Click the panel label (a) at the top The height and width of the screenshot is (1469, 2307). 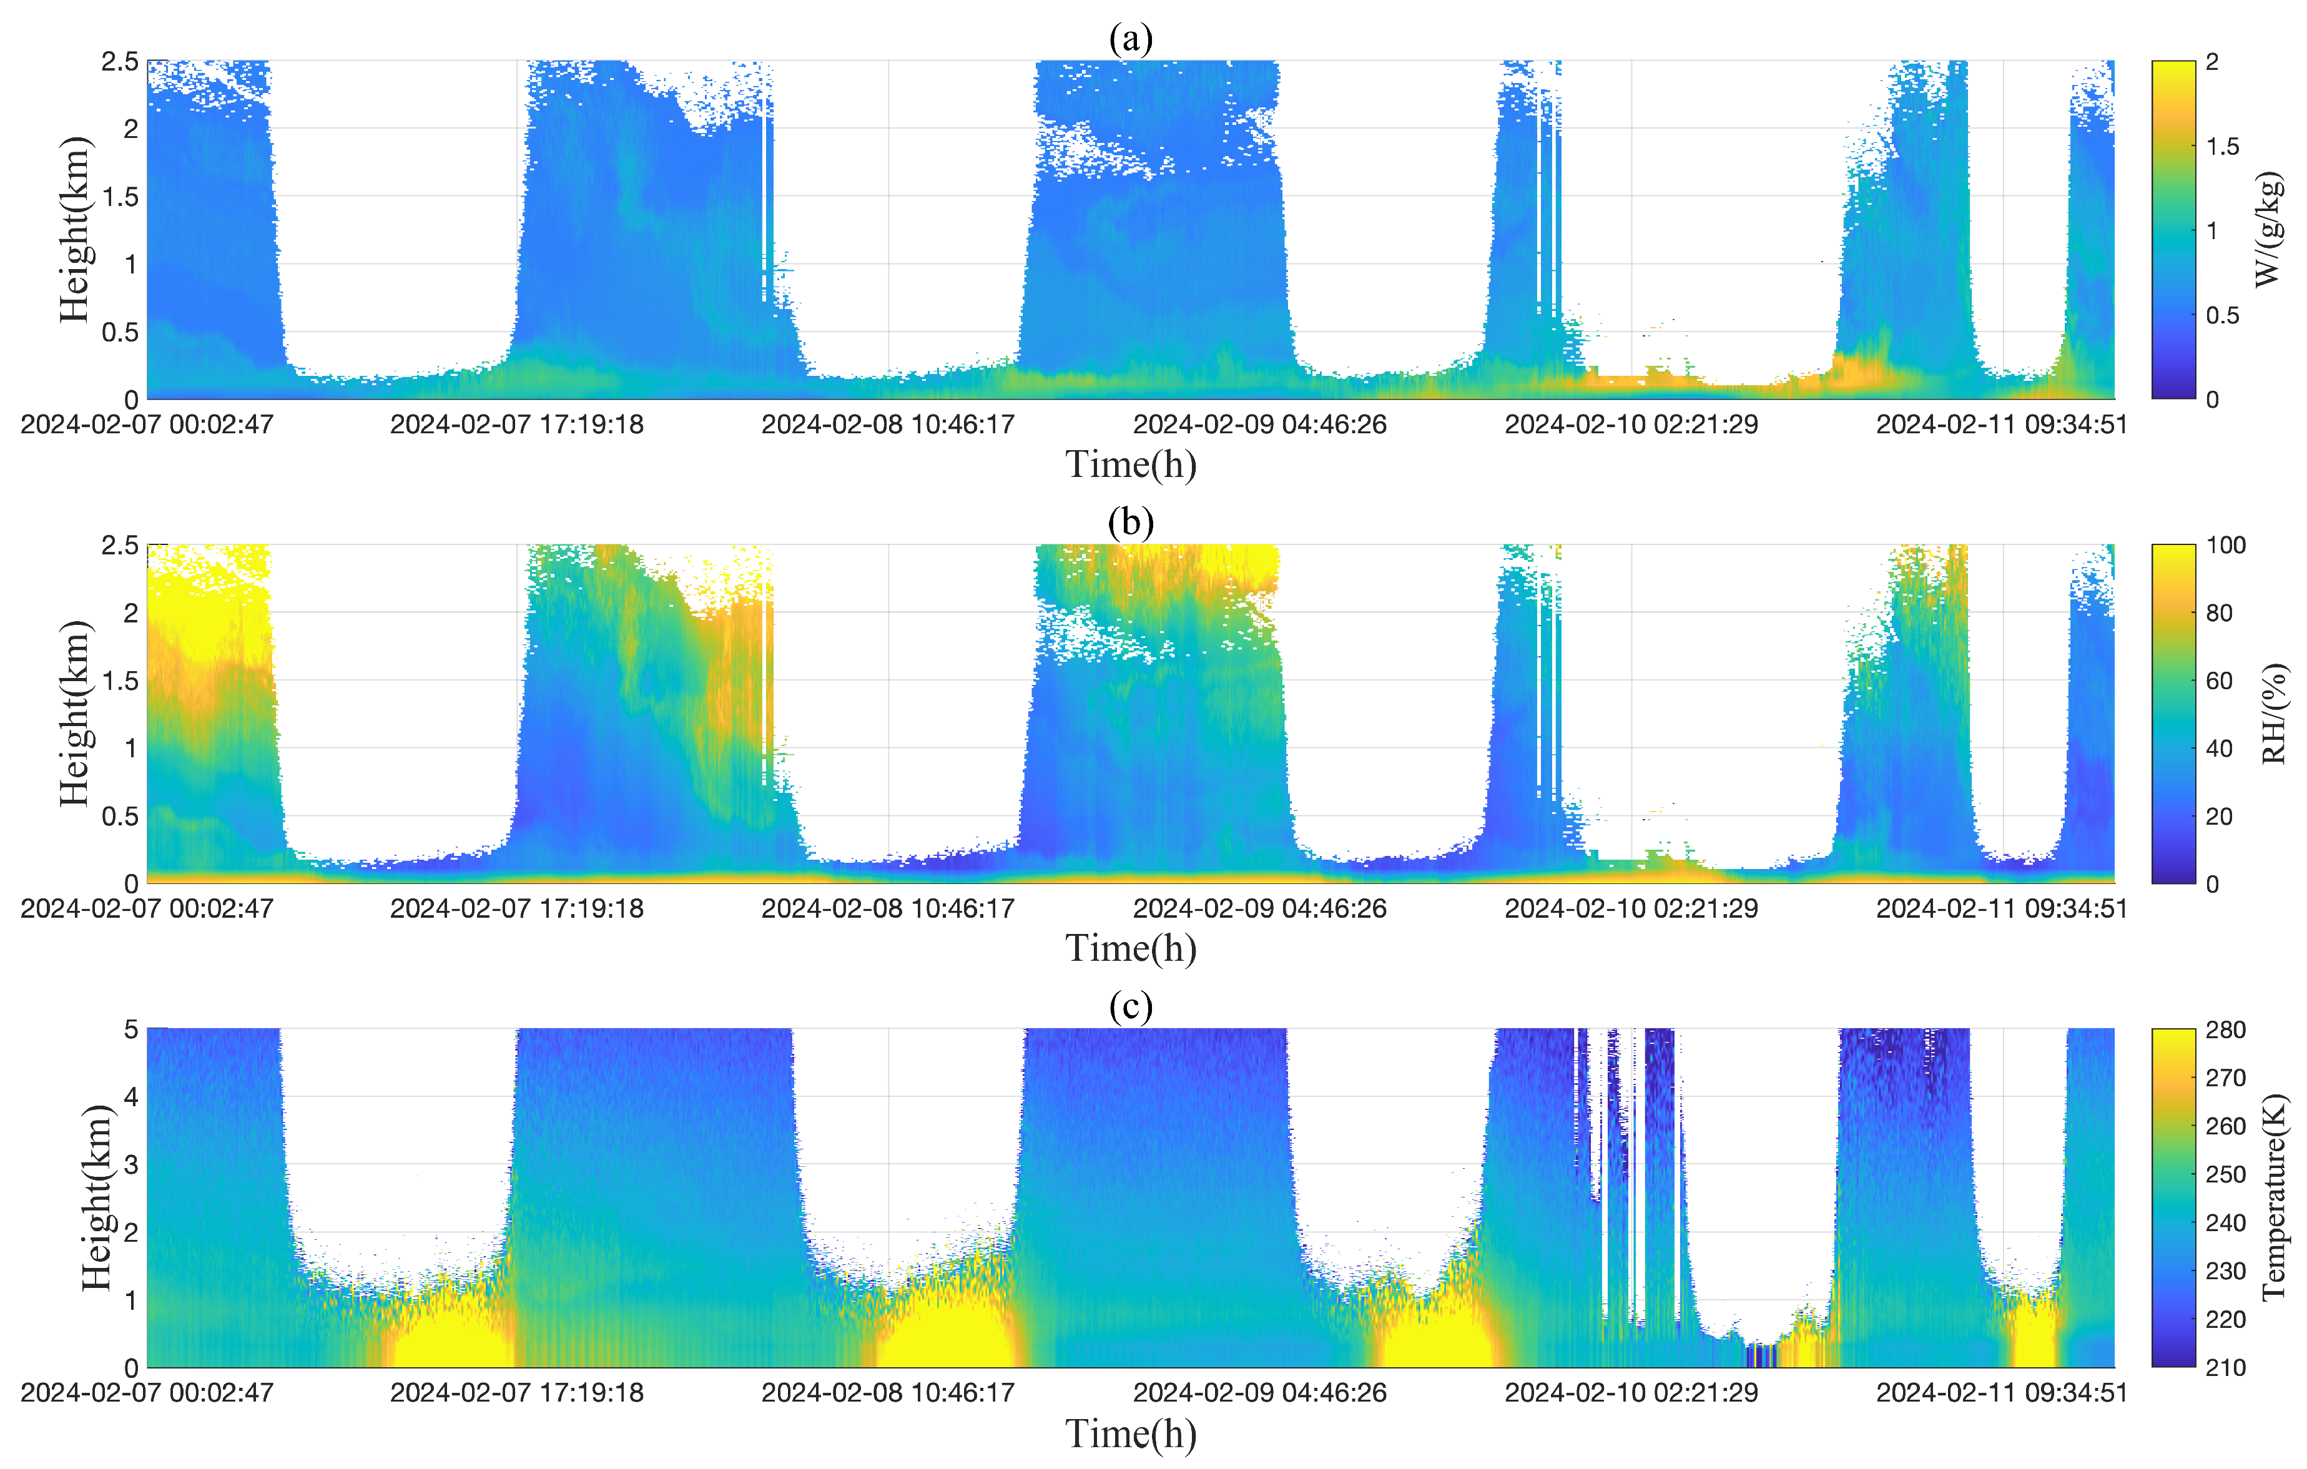(x=1131, y=38)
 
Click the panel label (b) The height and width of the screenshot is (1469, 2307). (x=1131, y=523)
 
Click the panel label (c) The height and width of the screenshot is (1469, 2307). (x=1131, y=1006)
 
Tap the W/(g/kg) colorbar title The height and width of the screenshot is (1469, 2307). (x=2269, y=230)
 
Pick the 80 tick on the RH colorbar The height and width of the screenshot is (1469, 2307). (x=2219, y=613)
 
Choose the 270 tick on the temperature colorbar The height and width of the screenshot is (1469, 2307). (x=2225, y=1078)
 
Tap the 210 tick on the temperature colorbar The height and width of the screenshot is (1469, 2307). (x=2225, y=1367)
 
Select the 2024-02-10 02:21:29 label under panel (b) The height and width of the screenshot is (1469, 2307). (x=1631, y=908)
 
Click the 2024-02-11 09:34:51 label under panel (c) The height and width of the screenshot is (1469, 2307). (x=2002, y=1392)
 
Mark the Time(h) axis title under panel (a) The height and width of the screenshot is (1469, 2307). (x=1131, y=464)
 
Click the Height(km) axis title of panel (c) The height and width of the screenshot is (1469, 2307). (x=96, y=1198)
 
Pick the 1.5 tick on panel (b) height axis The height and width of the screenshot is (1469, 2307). (x=121, y=681)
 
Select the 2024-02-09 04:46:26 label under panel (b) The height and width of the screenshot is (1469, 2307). (x=1260, y=908)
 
